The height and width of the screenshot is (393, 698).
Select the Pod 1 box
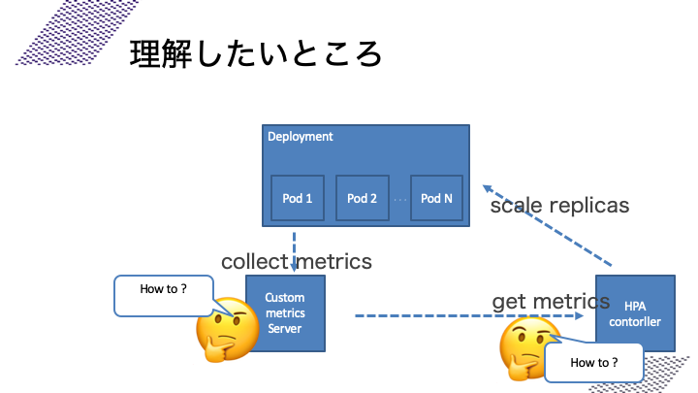[297, 198]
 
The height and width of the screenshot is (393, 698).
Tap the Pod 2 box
[362, 198]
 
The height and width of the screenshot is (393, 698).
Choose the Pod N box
[436, 198]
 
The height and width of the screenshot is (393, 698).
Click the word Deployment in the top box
[300, 137]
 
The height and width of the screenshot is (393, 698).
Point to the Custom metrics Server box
[285, 312]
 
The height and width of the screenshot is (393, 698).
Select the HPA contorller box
[635, 312]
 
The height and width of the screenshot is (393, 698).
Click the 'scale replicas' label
[559, 206]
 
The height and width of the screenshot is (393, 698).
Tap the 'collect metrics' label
[296, 261]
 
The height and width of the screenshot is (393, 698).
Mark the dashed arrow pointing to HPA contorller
[465, 315]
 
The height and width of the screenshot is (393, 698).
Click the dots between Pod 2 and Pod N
[399, 199]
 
